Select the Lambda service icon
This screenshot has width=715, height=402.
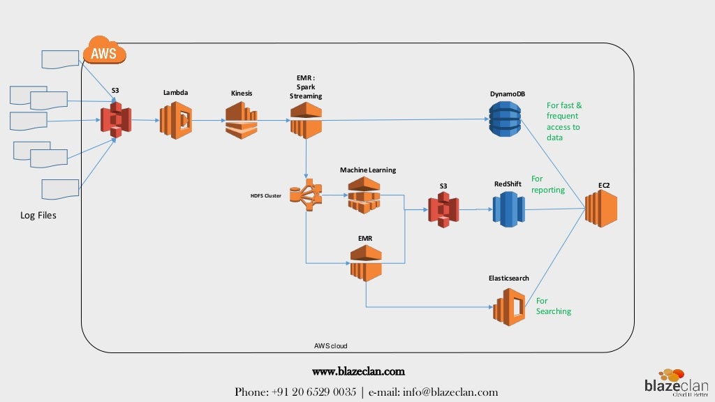[x=175, y=120]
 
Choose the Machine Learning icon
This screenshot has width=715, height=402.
[x=364, y=195]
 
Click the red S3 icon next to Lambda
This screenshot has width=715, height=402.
[x=116, y=120]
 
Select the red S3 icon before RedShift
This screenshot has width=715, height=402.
[x=443, y=208]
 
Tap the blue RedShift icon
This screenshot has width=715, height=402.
[x=508, y=209]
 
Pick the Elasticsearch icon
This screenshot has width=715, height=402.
[x=509, y=306]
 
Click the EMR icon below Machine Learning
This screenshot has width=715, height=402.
[x=366, y=262]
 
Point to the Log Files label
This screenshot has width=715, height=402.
[x=38, y=216]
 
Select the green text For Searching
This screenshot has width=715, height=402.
[x=553, y=306]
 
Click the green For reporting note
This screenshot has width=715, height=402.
[x=547, y=184]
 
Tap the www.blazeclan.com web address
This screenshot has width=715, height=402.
[x=358, y=371]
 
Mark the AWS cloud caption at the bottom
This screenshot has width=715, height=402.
[x=330, y=345]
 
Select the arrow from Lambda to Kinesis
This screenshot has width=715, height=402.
[x=209, y=120]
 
